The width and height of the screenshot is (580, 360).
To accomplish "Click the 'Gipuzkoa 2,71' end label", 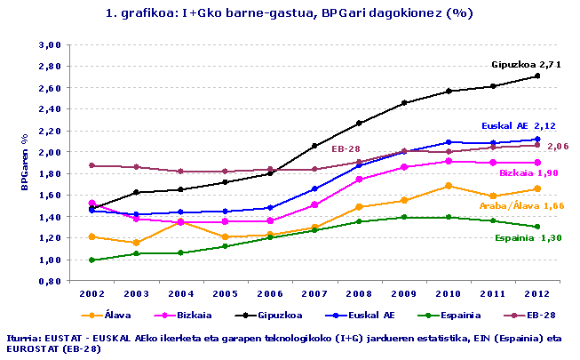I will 526,65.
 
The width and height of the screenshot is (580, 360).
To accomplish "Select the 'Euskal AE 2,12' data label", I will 518,126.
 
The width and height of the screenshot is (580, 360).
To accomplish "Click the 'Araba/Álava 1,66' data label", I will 522,205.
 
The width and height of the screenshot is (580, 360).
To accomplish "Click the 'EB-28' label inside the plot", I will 346,148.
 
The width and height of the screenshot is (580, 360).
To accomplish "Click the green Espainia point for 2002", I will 91,260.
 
